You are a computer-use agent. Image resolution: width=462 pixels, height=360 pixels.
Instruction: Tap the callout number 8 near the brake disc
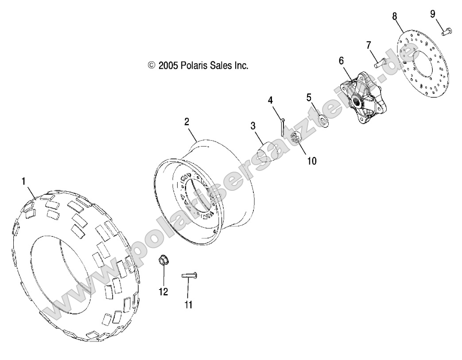coord(394,16)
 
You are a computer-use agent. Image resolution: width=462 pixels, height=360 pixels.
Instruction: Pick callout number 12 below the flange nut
coord(163,292)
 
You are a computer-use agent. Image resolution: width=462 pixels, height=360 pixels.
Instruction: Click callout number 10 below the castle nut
coord(312,161)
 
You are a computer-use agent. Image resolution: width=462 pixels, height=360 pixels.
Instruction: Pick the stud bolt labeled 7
coord(380,63)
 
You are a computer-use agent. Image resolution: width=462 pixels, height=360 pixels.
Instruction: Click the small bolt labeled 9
coord(446,31)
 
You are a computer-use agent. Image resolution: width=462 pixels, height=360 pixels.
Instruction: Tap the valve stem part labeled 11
coord(189,275)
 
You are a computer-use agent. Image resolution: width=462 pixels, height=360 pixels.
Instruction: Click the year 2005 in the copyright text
coord(168,66)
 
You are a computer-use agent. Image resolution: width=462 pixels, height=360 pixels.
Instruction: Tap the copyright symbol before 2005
coord(151,66)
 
